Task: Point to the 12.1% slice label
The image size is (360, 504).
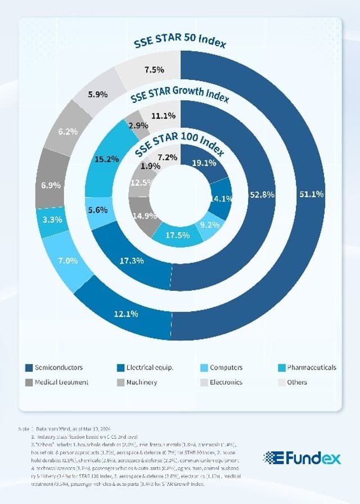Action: click(x=126, y=314)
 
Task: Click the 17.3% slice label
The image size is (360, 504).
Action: click(x=132, y=260)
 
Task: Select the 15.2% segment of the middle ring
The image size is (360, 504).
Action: click(x=107, y=159)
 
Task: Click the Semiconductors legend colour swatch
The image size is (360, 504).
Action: click(x=28, y=368)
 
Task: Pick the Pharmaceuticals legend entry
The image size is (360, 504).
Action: click(x=311, y=368)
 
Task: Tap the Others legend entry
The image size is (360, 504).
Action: click(x=296, y=382)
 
